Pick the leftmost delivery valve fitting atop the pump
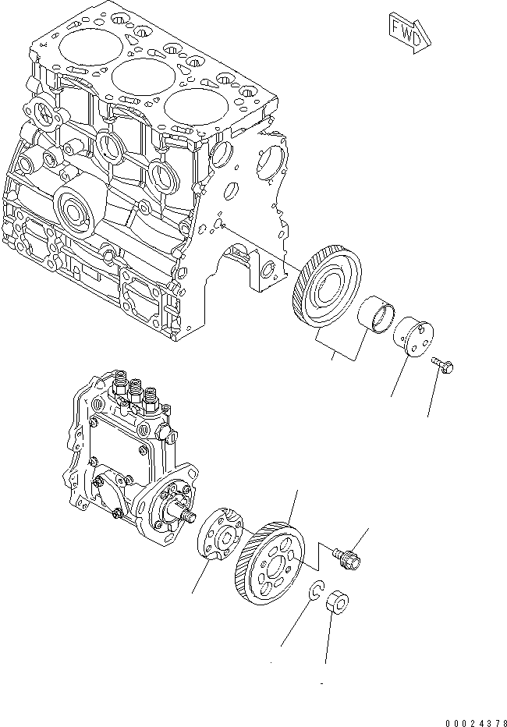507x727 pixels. [x=122, y=380]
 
